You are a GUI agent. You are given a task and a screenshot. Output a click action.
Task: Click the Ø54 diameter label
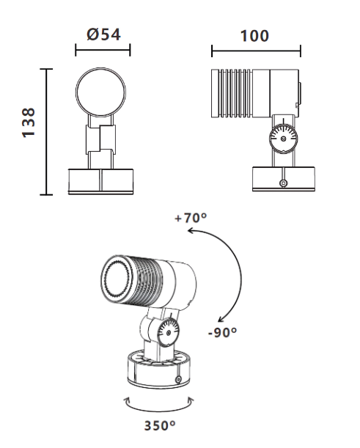pyautogui.click(x=103, y=34)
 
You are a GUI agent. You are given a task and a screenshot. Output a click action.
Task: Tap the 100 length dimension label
pyautogui.click(x=254, y=36)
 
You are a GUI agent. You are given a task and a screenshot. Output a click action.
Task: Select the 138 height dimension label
pyautogui.click(x=29, y=123)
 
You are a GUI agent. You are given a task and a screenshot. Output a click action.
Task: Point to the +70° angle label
pyautogui.click(x=191, y=218)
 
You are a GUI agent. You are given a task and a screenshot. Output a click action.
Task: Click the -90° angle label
pyautogui.click(x=222, y=332)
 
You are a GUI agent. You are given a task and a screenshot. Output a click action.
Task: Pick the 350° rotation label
pyautogui.click(x=160, y=425)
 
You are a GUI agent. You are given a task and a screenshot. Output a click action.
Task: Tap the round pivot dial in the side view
pyautogui.click(x=283, y=139)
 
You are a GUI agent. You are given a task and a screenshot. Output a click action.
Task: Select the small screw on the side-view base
pyautogui.click(x=283, y=183)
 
